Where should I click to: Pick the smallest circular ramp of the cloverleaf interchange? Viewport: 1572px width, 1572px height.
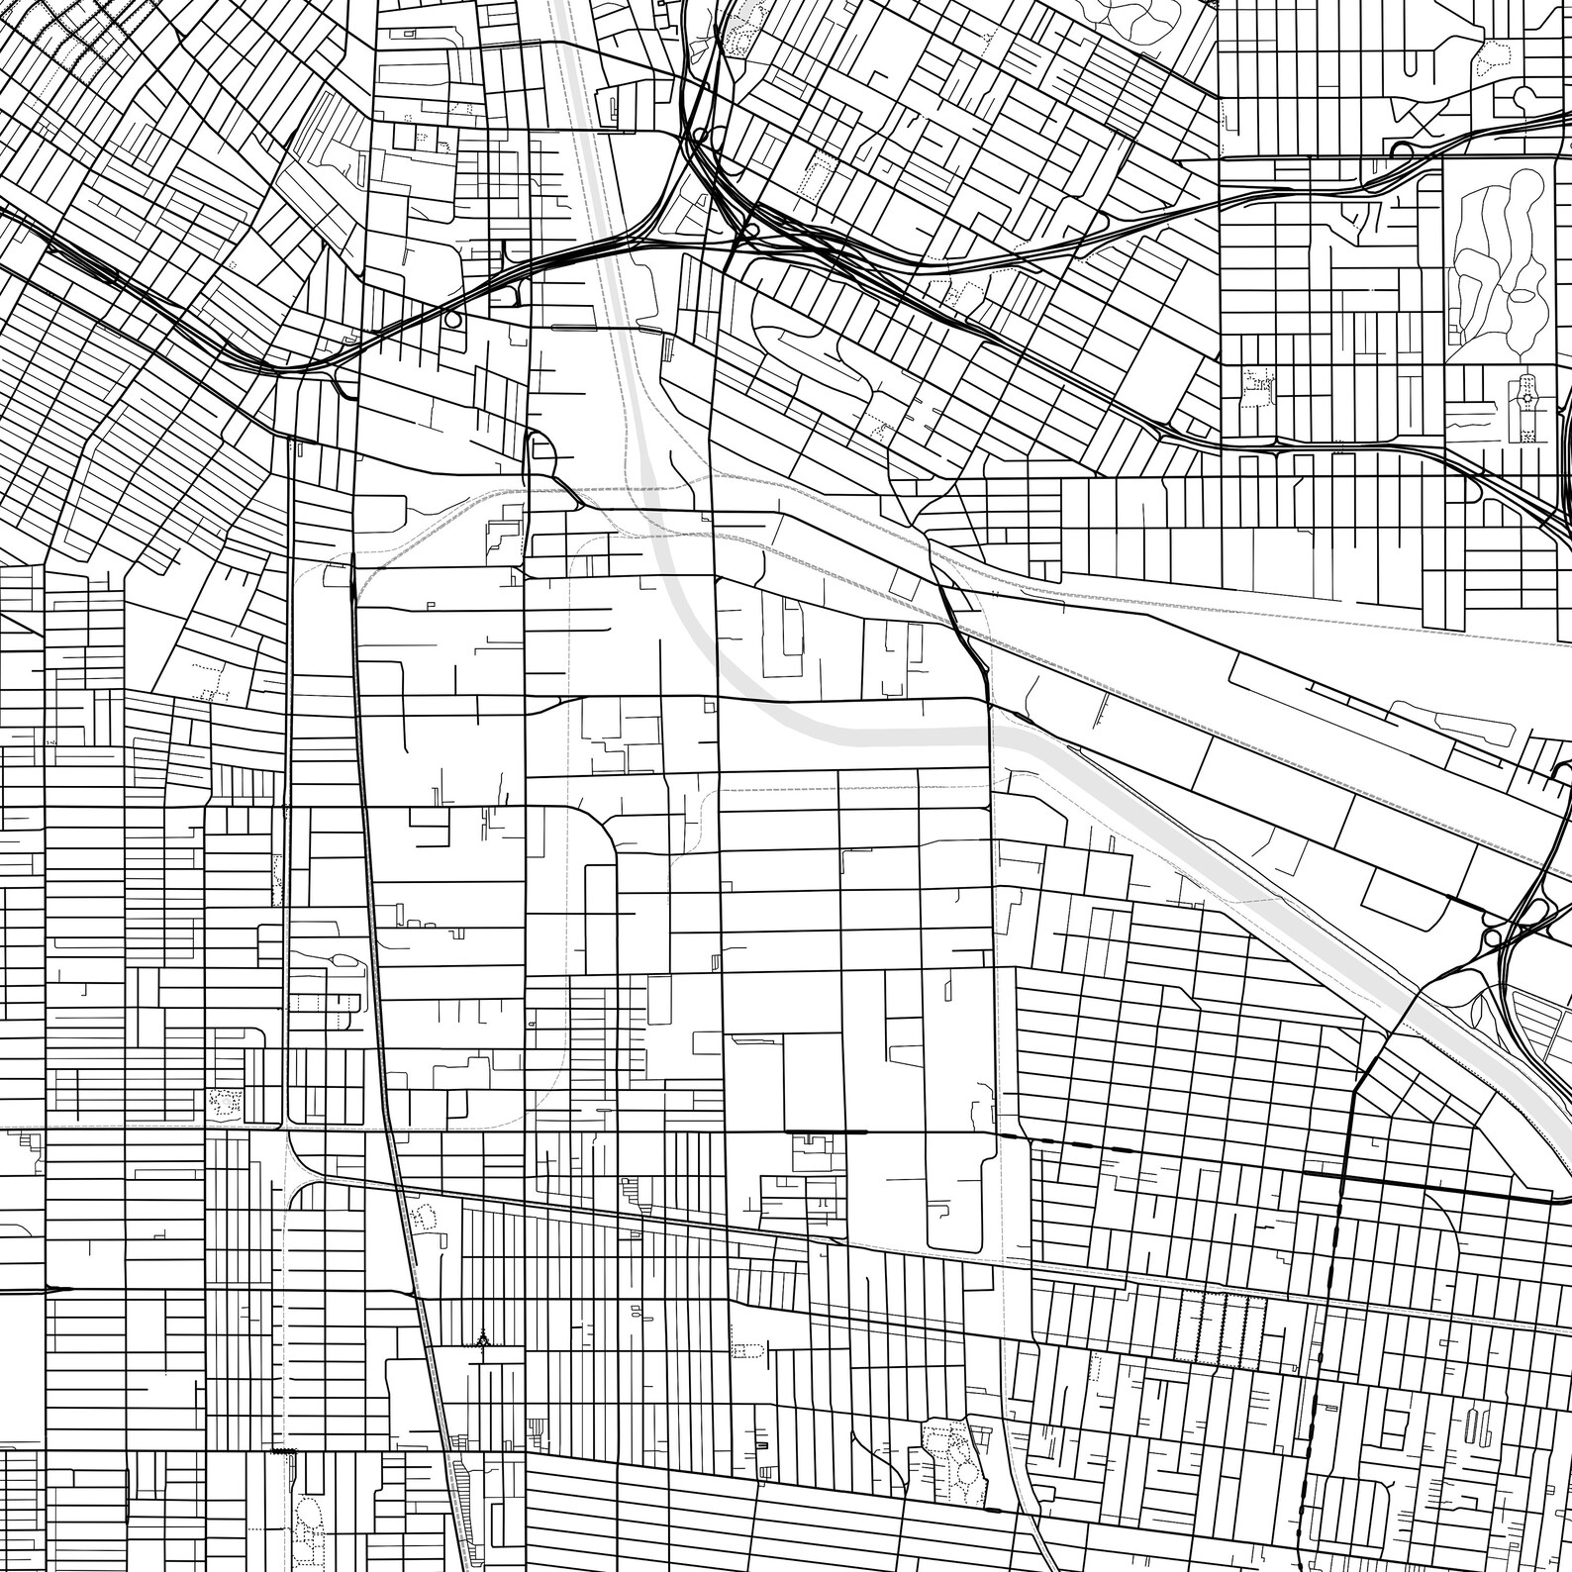point(1491,936)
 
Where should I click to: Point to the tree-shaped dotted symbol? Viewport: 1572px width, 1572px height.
point(482,1339)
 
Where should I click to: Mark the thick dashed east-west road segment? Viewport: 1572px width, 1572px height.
point(1079,1144)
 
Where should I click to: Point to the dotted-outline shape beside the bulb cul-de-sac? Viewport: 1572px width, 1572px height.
point(1485,65)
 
